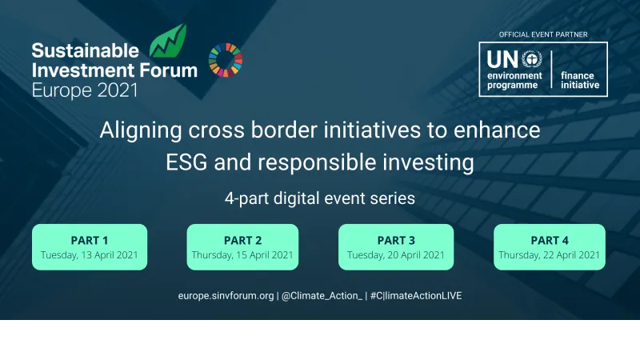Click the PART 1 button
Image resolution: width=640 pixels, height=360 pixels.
pos(90,246)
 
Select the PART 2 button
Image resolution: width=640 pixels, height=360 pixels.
pos(242,246)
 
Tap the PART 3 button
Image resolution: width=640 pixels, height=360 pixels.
pos(395,246)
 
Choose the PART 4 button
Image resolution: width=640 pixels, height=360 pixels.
pos(549,246)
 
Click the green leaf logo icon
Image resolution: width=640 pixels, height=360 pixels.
pos(170,42)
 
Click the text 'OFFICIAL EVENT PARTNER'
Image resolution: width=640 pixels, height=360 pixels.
pos(543,35)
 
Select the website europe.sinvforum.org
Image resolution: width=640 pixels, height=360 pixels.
pos(226,296)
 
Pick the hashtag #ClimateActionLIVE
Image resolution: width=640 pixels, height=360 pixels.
pos(416,296)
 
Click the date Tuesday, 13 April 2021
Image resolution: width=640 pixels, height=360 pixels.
pos(90,255)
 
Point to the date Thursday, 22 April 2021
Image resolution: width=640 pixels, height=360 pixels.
pos(549,255)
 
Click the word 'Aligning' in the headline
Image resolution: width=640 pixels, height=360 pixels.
pos(137,130)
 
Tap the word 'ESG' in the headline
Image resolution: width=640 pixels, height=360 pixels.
pos(190,163)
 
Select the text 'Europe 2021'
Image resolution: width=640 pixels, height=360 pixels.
pos(84,89)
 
